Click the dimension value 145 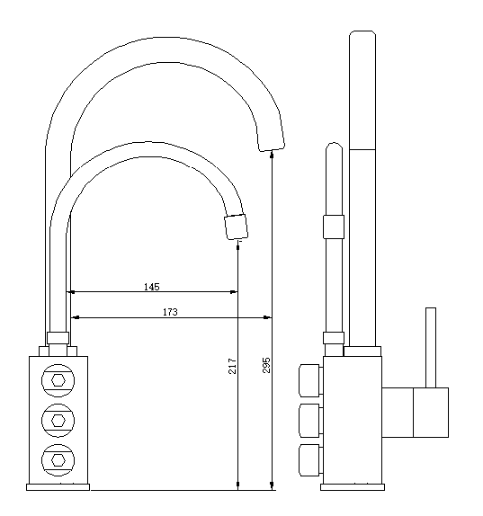[151, 287]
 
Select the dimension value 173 [170, 312]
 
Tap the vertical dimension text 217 [231, 366]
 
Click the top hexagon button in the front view [59, 379]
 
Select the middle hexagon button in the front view [59, 419]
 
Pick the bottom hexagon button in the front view [59, 458]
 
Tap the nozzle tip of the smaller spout [235, 226]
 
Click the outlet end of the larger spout [271, 140]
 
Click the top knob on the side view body [310, 380]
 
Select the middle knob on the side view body [310, 419]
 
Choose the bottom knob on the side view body [310, 458]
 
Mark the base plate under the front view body [59, 486]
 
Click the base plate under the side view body [353, 486]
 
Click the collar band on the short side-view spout [334, 226]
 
